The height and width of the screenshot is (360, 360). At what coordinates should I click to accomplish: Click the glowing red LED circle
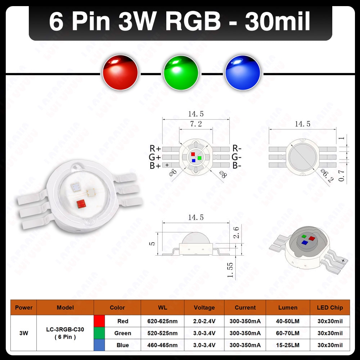coord(120,73)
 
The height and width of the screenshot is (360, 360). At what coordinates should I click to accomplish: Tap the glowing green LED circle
coord(181,73)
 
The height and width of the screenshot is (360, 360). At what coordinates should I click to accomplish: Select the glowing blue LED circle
coord(243,73)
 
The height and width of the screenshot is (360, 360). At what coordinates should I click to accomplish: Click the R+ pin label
coord(155,149)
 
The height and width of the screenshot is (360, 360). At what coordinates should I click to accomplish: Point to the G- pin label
coord(237,157)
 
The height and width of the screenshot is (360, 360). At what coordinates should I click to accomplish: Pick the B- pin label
coord(237,165)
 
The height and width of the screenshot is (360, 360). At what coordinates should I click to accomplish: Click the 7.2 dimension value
coord(196,124)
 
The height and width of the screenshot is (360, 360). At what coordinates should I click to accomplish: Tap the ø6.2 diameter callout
coord(327,176)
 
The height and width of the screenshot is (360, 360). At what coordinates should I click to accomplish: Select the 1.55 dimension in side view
coord(230,270)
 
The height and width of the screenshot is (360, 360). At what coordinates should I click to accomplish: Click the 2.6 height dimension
coord(236,232)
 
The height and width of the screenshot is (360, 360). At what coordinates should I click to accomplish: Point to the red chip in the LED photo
coord(81,204)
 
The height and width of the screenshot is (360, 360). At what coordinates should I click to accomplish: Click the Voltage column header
coord(204,308)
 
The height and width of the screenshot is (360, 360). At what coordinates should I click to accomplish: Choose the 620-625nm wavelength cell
coord(162,321)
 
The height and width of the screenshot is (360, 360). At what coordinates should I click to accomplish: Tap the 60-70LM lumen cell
coord(288,333)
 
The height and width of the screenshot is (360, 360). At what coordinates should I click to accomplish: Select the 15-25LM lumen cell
coord(288,345)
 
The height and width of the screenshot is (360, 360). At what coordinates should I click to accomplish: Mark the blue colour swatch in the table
coord(99,345)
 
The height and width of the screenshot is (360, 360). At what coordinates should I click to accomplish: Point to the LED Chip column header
coord(330,308)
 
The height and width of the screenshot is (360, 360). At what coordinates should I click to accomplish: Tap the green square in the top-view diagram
coord(199,158)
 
